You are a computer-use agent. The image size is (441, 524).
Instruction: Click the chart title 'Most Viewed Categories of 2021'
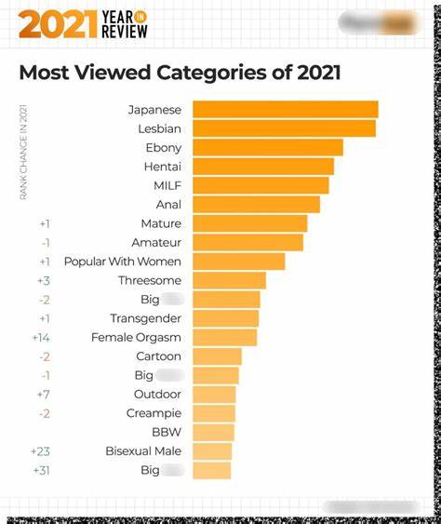pos(180,73)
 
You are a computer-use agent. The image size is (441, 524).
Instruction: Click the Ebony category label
pos(163,148)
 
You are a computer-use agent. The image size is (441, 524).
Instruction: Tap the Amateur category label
pos(156,243)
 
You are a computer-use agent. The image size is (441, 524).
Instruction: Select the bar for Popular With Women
pos(238,262)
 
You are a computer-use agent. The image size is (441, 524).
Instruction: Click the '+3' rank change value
pos(43,280)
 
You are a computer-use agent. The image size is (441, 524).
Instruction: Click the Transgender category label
pos(145,318)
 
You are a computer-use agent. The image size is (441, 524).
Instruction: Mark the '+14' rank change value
pos(41,338)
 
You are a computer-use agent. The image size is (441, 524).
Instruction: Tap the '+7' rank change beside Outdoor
pos(43,395)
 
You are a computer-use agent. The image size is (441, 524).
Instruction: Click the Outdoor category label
pos(157,395)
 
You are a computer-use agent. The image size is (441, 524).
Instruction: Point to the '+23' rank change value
pos(41,451)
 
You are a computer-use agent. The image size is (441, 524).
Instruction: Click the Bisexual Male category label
pos(143,451)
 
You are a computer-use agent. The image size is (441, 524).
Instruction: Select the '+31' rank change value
pos(41,470)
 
